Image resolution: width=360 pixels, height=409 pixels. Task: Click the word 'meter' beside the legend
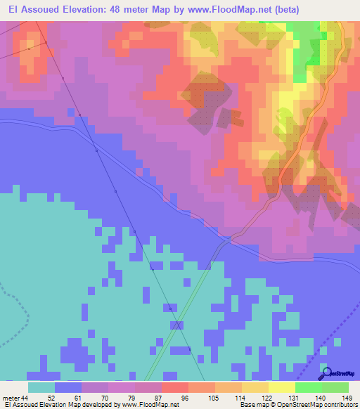pos(11,397)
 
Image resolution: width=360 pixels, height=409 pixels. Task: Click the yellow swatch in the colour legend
pos(282,387)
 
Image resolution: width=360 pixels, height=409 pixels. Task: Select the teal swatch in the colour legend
pos(41,387)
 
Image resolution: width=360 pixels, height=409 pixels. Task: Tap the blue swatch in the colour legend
pos(68,387)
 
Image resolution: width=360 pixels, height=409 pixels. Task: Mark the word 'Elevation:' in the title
pos(90,10)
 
